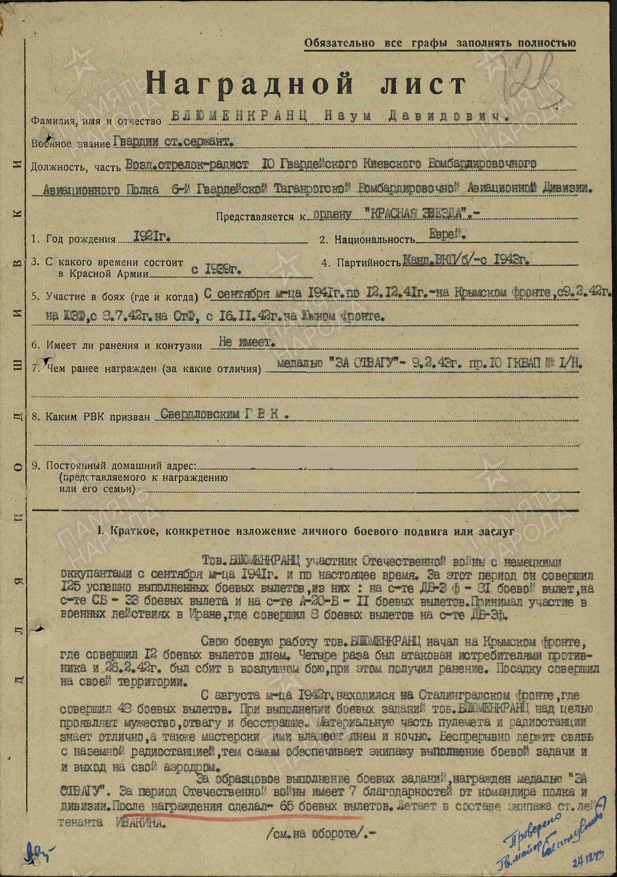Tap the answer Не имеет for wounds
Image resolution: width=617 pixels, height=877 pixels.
click(247, 342)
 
